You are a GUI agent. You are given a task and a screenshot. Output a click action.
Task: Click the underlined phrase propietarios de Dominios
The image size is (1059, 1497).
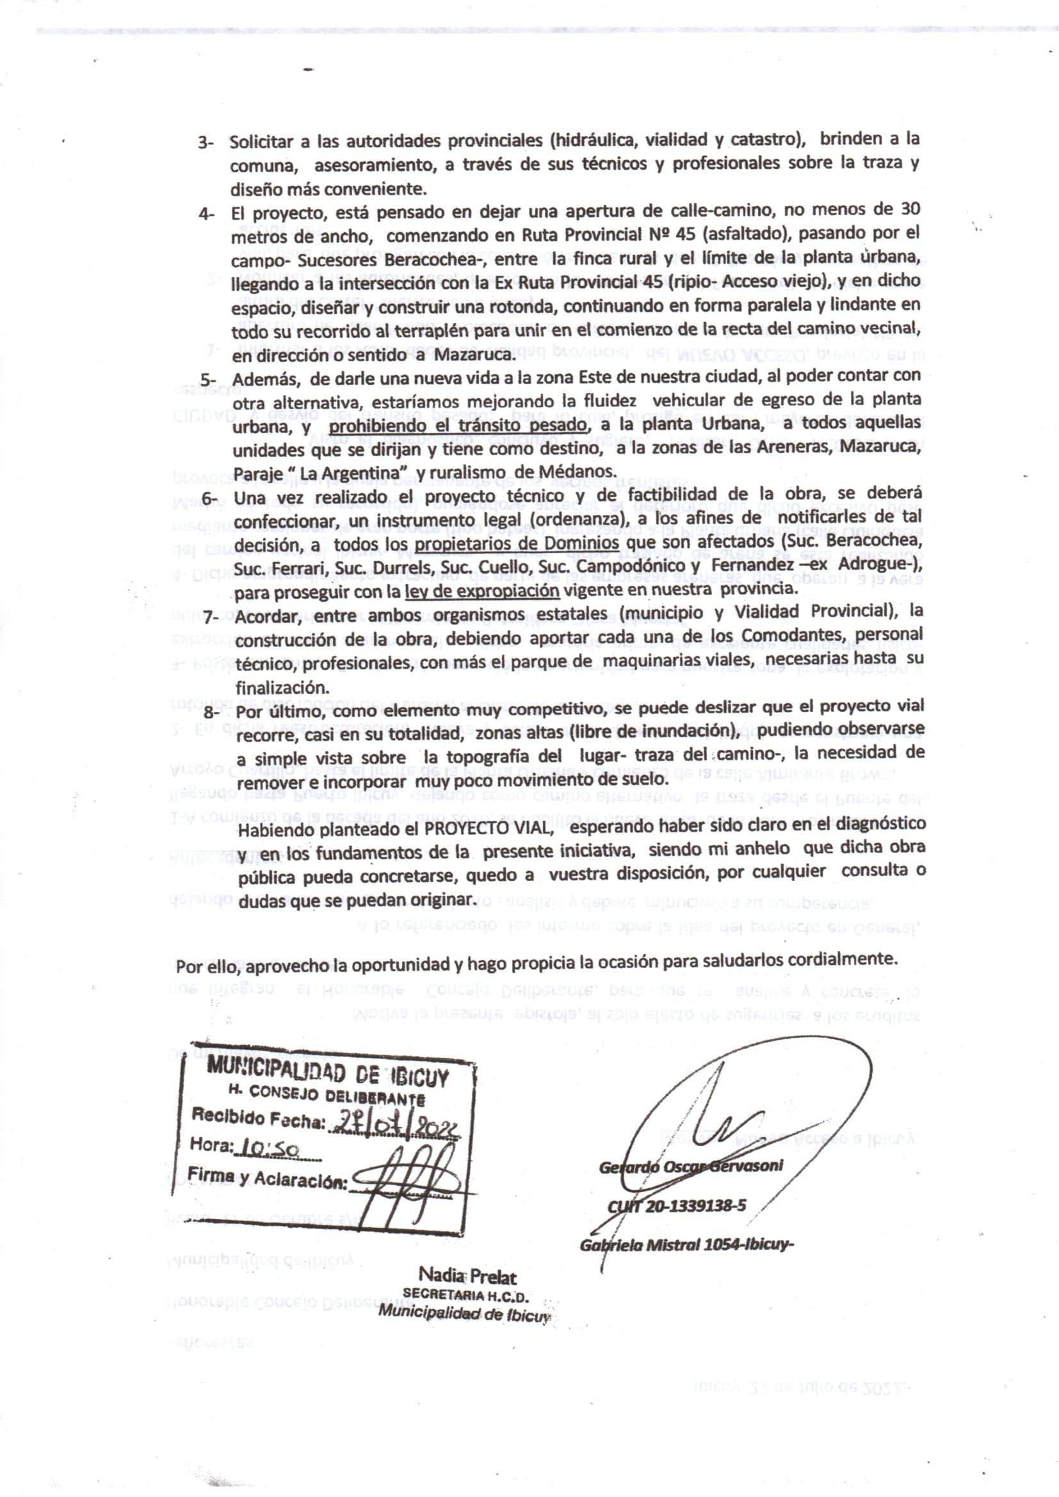pyautogui.click(x=517, y=543)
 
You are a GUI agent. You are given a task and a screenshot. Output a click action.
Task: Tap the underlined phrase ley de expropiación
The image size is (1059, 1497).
pyautogui.click(x=482, y=591)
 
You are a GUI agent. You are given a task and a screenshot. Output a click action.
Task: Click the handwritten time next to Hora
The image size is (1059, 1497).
pyautogui.click(x=270, y=1149)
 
